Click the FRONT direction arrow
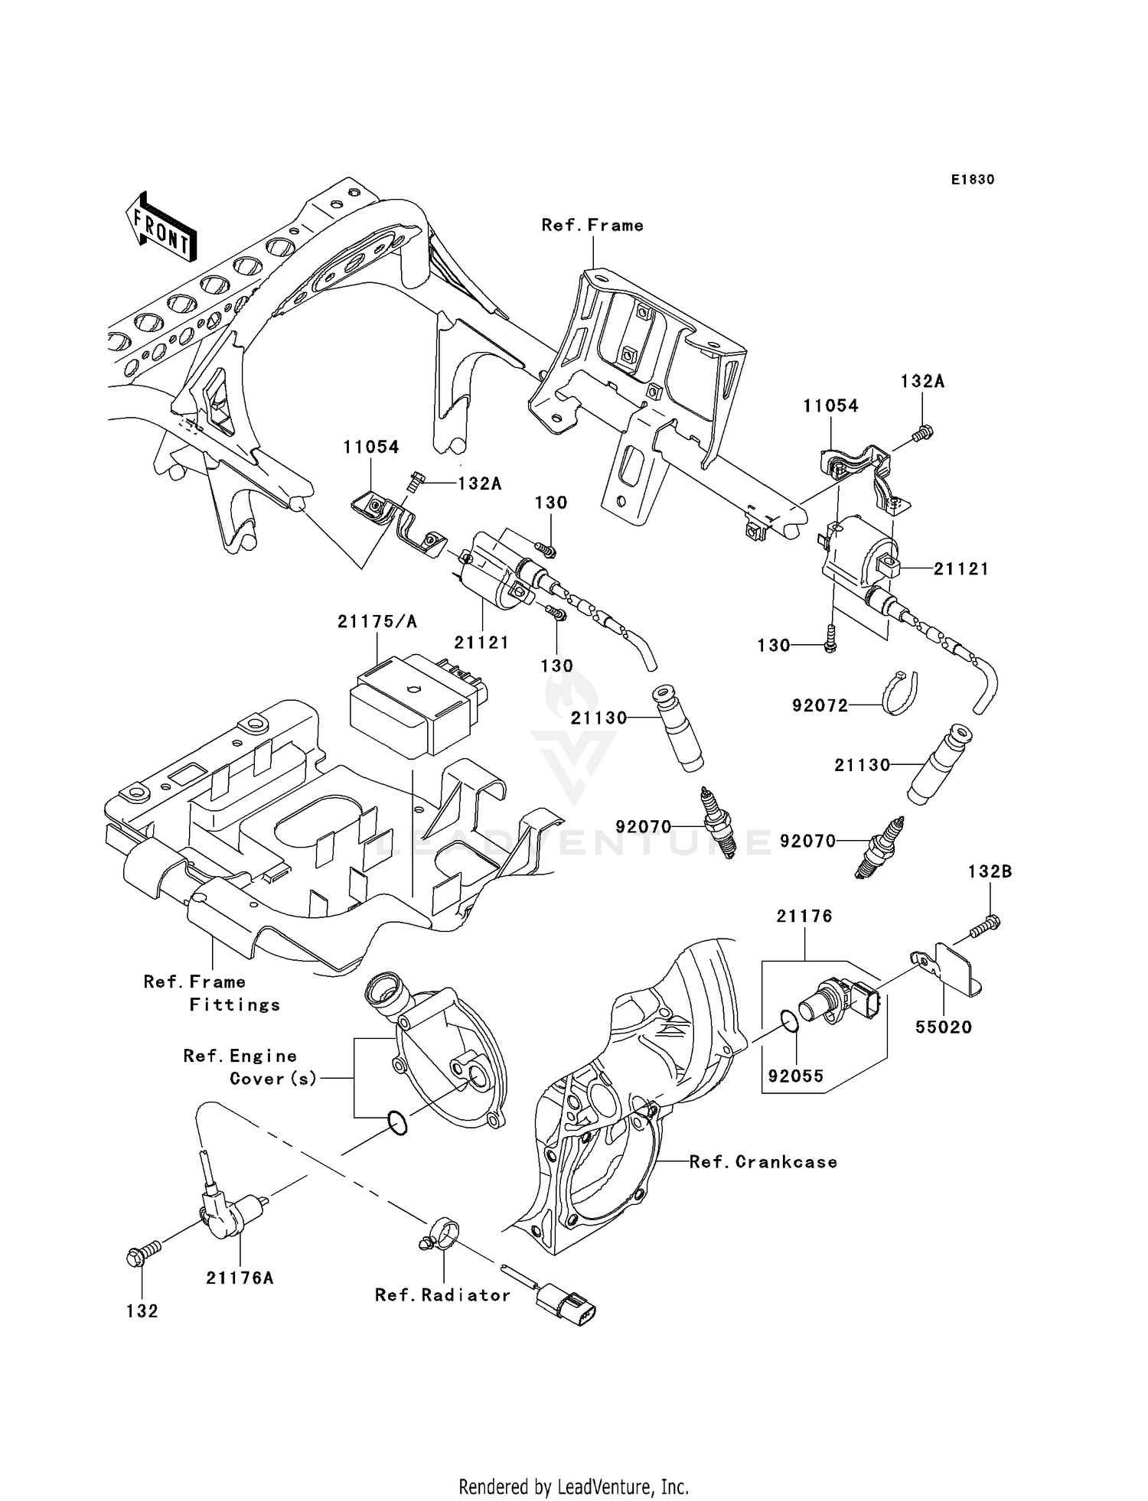[x=161, y=230]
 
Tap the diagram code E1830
[x=973, y=180]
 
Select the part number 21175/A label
[x=377, y=622]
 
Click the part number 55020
[x=944, y=1027]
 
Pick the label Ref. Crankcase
[x=763, y=1162]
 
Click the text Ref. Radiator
[x=442, y=1295]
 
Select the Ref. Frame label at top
[x=592, y=225]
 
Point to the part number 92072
[x=820, y=705]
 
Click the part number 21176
[x=804, y=916]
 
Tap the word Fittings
[x=235, y=1004]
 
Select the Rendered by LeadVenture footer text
[x=573, y=1486]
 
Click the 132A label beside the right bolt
[x=922, y=381]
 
